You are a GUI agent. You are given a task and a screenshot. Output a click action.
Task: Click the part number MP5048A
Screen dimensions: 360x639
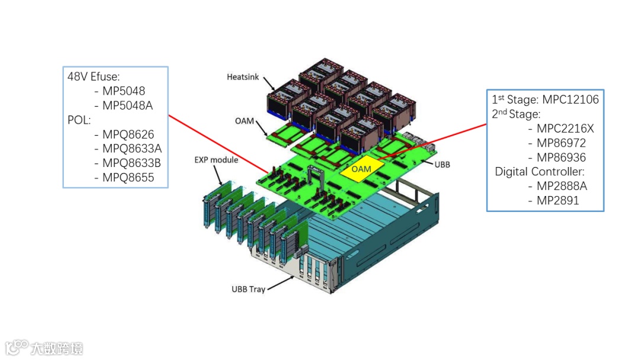tap(127, 105)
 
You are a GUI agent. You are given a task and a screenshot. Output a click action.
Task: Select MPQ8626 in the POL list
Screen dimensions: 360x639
tap(128, 134)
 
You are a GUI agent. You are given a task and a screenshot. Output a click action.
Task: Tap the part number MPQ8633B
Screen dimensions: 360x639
tap(131, 163)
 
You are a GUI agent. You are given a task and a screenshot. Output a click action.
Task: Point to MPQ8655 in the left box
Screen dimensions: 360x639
tap(128, 177)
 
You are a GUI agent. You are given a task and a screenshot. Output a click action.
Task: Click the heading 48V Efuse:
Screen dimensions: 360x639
tap(94, 76)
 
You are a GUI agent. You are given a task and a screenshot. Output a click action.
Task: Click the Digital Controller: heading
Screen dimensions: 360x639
tap(540, 172)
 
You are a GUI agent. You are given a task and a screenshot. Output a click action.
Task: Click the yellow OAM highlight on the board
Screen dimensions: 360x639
tap(361, 169)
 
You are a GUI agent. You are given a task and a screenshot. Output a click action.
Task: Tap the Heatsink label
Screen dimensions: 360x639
tap(243, 78)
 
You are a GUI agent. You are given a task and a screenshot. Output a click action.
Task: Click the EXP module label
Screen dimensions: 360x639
tap(216, 160)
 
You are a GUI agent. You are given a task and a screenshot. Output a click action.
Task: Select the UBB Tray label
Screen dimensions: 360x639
tap(248, 290)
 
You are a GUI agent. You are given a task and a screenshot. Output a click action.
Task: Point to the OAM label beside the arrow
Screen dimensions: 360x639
tap(244, 121)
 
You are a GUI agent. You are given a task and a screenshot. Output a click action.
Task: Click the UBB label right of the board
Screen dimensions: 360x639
tap(442, 164)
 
